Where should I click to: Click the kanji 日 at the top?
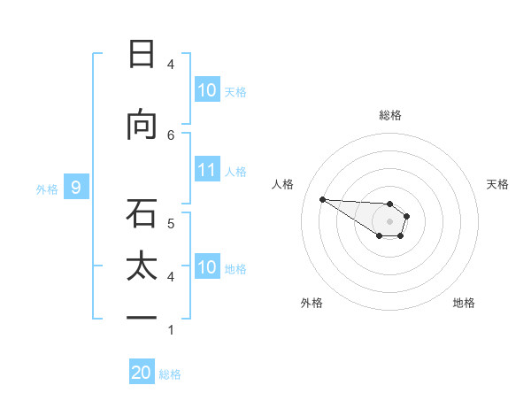(142, 54)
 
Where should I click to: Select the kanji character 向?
(142, 125)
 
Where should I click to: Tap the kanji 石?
(142, 212)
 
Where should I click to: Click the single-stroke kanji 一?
(142, 317)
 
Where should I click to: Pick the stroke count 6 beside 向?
(171, 135)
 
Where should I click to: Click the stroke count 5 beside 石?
(171, 223)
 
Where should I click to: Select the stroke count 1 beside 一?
(171, 330)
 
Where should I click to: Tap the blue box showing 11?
(207, 171)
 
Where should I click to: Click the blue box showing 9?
(76, 188)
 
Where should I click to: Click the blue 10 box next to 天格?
(207, 90)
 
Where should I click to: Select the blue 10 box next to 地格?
(207, 267)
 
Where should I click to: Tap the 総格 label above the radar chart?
(389, 115)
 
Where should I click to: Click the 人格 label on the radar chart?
(283, 184)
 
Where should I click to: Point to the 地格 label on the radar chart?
(464, 303)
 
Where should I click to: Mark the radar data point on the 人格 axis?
(322, 199)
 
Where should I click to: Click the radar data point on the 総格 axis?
(389, 204)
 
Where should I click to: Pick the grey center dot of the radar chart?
(389, 221)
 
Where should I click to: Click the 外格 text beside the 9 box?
(46, 189)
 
